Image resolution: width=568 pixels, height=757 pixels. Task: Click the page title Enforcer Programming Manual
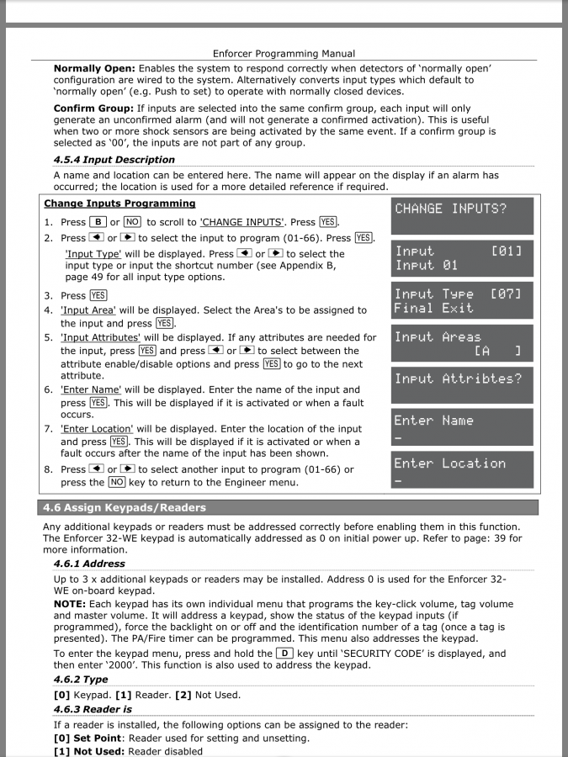click(284, 54)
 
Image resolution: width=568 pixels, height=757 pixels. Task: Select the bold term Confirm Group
click(94, 109)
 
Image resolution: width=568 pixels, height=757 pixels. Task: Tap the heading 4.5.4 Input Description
click(114, 160)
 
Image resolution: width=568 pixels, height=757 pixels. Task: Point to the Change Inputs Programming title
click(119, 204)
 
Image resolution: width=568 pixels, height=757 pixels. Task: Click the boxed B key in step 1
click(98, 222)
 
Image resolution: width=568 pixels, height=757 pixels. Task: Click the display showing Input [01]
click(463, 258)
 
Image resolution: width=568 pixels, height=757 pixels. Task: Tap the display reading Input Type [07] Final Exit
click(463, 300)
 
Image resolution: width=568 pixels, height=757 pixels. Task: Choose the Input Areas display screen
click(463, 343)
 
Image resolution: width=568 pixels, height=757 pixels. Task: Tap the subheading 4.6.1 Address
click(89, 564)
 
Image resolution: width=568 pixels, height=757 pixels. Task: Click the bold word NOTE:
click(72, 605)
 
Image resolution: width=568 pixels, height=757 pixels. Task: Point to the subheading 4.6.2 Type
click(81, 680)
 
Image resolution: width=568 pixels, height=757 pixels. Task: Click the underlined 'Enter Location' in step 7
click(97, 429)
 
